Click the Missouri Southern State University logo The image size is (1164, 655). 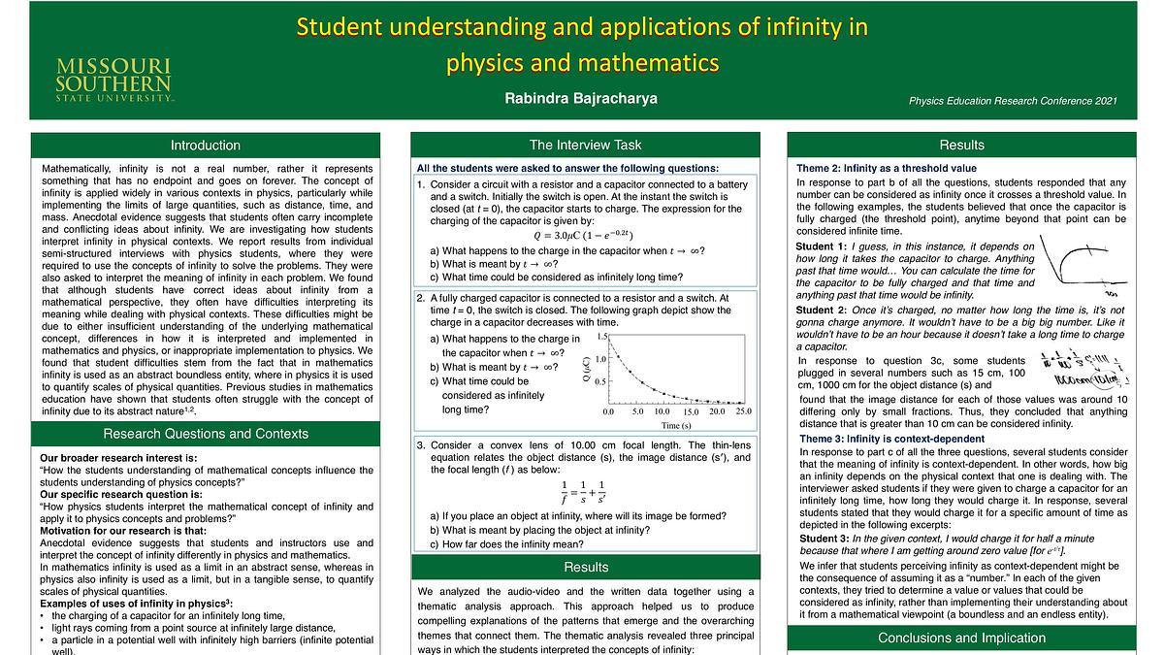[x=113, y=79]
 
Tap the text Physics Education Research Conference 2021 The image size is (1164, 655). [x=1013, y=101]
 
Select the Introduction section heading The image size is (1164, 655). [x=205, y=146]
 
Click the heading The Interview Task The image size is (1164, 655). [x=585, y=146]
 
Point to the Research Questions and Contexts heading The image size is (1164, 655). [x=205, y=434]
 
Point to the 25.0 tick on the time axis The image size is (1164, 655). [x=743, y=411]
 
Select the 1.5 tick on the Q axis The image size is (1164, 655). [x=602, y=337]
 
